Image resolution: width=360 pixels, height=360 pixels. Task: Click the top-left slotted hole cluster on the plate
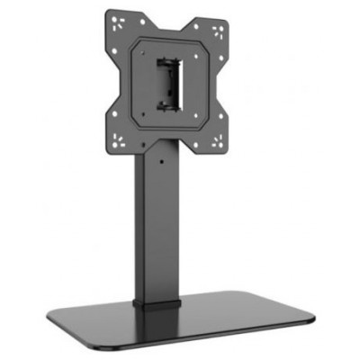[119, 25]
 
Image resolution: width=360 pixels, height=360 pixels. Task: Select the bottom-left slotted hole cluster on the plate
[120, 139]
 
